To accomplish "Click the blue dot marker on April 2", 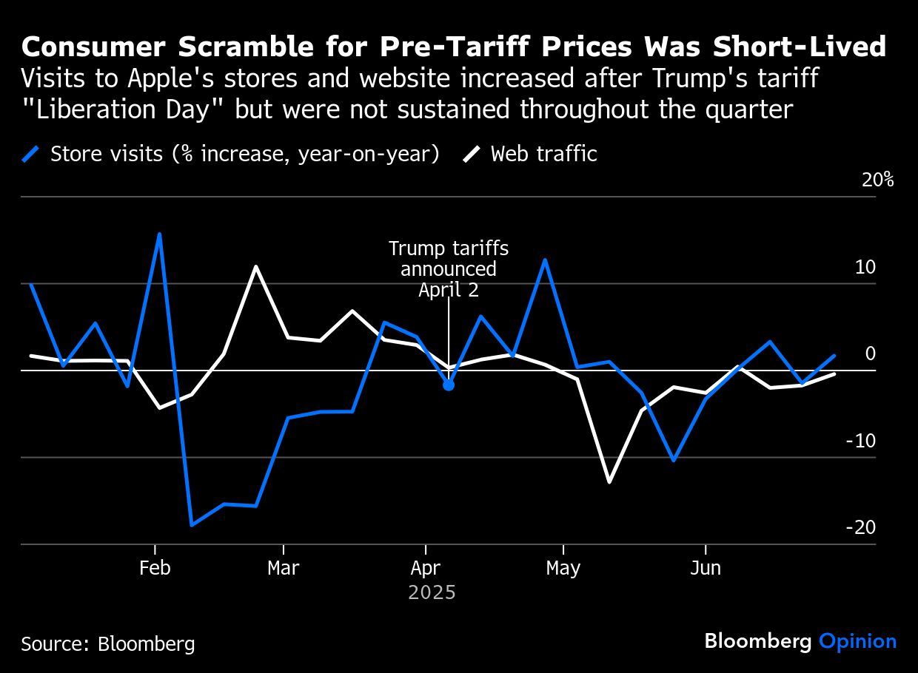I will [x=449, y=385].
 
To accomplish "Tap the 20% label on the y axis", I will [x=878, y=180].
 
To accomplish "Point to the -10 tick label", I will [x=860, y=441].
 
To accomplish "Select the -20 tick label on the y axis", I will [x=860, y=527].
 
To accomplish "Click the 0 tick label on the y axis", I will [x=871, y=354].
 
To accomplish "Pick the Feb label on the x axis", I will [x=155, y=568].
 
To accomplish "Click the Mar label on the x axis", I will [x=283, y=568].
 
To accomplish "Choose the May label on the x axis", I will [x=563, y=568].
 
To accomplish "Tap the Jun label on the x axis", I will [x=706, y=568].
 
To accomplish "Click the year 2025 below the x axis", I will [x=432, y=592].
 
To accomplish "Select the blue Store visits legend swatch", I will [x=30, y=154].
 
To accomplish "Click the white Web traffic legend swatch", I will [x=472, y=154].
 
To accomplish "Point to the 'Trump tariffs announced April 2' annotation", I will [x=449, y=268].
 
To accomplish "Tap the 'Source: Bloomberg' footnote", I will [x=108, y=643].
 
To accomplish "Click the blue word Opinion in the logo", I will [x=857, y=641].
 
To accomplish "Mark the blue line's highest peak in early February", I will [x=160, y=234].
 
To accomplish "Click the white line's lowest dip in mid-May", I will [x=609, y=482].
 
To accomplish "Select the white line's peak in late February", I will [x=255, y=266].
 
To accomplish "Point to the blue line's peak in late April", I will [x=545, y=260].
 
